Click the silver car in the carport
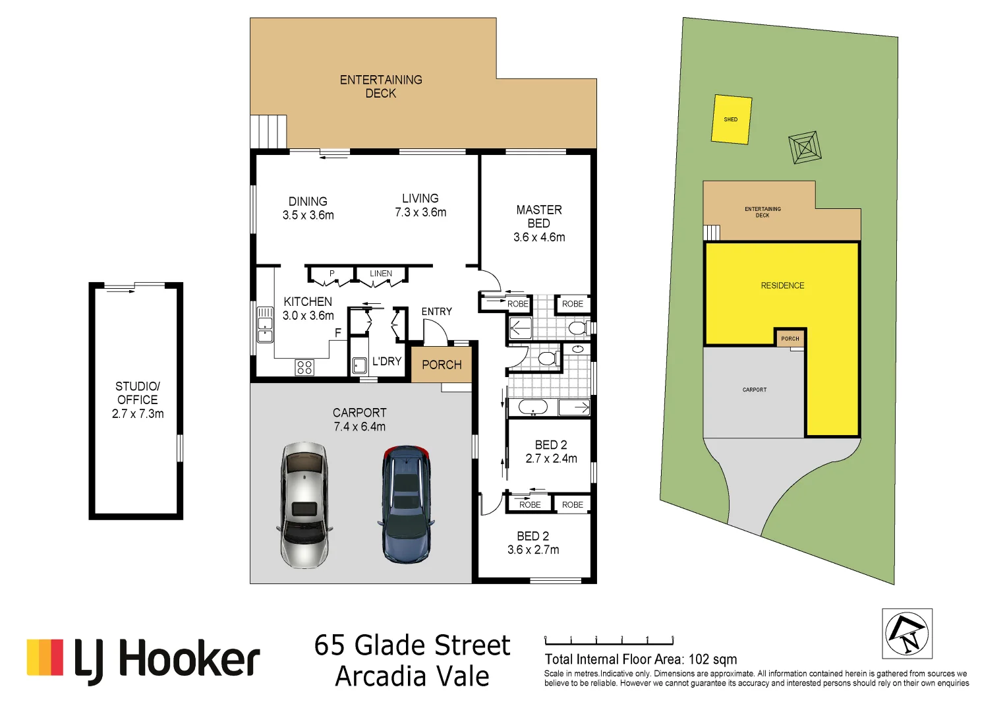coord(304,505)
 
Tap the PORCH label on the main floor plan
coord(442,365)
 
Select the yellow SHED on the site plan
coord(732,119)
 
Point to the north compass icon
coord(907,634)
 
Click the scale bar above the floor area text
coord(609,640)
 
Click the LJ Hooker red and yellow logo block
coord(45,657)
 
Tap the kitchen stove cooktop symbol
coord(304,367)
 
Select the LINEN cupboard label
coord(381,274)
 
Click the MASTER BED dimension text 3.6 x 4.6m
coord(539,237)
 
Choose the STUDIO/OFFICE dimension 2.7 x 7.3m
coord(138,414)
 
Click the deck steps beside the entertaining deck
coord(268,131)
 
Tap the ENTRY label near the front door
coord(436,311)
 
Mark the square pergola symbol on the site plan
coord(805,148)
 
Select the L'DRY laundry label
coord(386,361)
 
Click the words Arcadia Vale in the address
coord(412,676)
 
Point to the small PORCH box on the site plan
coord(790,338)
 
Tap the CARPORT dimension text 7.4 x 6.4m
coord(359,427)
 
